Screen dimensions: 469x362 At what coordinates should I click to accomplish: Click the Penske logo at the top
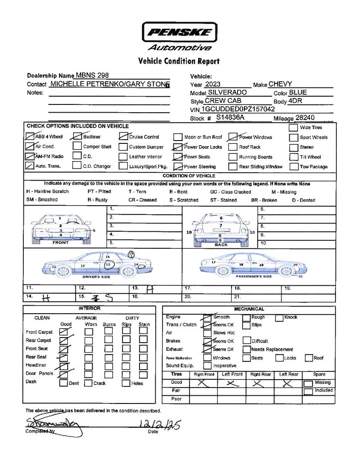(x=179, y=33)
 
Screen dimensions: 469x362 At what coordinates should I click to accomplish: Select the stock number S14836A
(x=230, y=118)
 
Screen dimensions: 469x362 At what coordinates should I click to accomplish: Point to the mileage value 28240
(x=305, y=118)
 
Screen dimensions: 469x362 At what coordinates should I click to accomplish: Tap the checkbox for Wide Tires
(x=293, y=127)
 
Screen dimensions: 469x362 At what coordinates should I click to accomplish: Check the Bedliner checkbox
(x=77, y=136)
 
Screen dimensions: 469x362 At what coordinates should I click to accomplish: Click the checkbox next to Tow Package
(x=293, y=167)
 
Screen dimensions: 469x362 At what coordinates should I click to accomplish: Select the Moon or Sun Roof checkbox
(x=177, y=137)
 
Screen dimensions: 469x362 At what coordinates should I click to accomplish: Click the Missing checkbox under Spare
(x=308, y=383)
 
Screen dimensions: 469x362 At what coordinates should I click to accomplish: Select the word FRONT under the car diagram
(x=60, y=242)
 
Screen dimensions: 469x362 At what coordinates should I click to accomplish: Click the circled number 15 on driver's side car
(x=131, y=253)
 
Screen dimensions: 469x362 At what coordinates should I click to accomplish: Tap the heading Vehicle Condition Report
(x=178, y=61)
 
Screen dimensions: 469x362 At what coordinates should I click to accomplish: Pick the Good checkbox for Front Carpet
(x=64, y=332)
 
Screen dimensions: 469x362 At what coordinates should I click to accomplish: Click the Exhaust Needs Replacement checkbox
(x=246, y=349)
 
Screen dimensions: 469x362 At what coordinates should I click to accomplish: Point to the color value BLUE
(x=298, y=93)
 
